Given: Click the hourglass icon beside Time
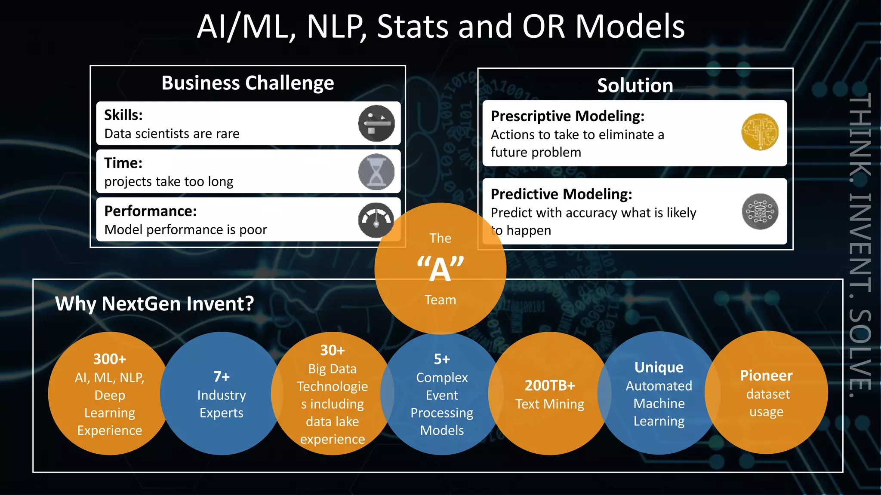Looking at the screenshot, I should coord(376,172).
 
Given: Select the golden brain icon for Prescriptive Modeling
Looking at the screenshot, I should coord(760,132).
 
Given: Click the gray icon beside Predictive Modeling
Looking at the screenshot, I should coord(760,211).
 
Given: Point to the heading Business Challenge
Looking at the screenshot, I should coord(247,83).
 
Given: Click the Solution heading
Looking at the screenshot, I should coord(635,86).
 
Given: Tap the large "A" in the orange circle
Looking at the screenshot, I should coord(440,270).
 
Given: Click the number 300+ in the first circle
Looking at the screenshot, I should coord(110,359).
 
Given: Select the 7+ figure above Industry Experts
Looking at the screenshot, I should coord(222,377).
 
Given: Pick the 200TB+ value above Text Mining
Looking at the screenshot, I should coord(550,385).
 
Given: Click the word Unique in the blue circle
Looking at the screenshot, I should coord(659,367).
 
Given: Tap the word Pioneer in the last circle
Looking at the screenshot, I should coord(766,376).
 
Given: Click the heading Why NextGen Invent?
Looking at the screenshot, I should coord(154,304).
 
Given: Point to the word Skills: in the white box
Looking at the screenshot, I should coord(123,115).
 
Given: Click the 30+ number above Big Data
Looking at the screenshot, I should coord(333,350).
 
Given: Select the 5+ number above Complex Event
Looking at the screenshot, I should coord(442,359).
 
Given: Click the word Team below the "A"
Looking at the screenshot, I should coord(440,300).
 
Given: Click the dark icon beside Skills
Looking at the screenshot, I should coord(376,123).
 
